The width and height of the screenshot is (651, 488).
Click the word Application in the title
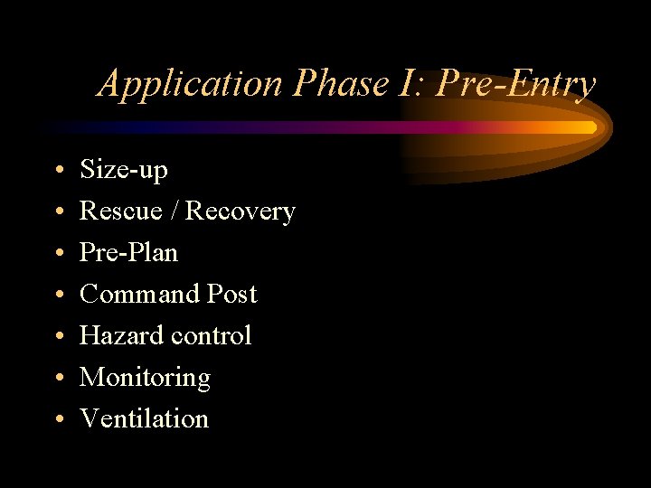191,84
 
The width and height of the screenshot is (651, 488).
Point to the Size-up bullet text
124,170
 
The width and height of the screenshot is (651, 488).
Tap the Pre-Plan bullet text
128,252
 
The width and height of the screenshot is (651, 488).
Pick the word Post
232,294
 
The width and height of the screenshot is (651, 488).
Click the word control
210,335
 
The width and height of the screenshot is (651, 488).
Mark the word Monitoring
145,378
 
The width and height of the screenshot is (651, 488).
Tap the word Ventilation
144,418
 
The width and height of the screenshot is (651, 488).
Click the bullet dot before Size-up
57,171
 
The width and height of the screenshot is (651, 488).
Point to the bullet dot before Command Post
57,296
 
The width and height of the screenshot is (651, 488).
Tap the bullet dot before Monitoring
57,379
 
